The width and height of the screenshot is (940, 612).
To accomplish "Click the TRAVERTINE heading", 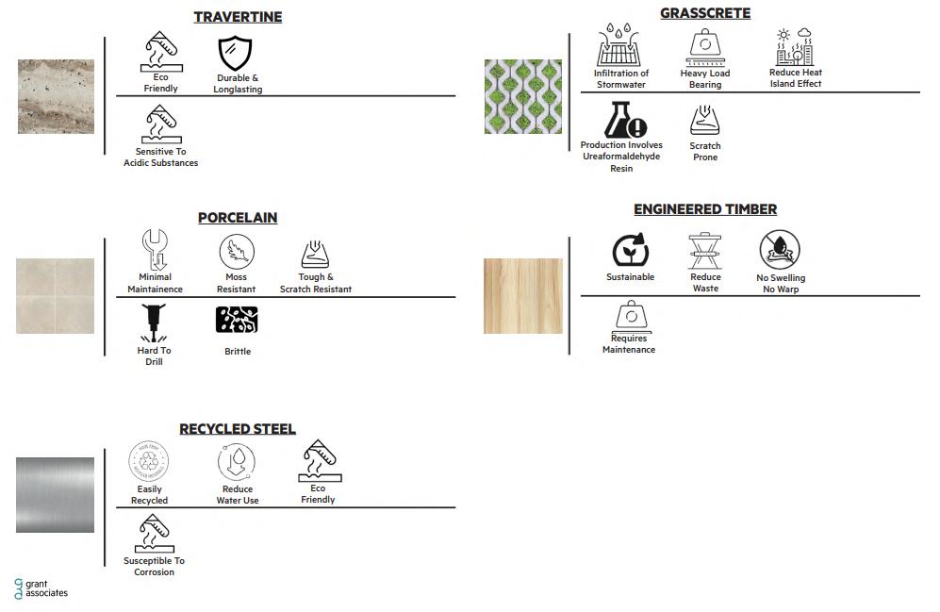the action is pos(238,17).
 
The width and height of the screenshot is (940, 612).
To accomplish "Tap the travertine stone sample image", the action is pos(56,96).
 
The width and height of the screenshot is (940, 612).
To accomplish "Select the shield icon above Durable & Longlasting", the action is pos(236,54).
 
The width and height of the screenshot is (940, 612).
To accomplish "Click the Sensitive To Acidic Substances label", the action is pos(160,157).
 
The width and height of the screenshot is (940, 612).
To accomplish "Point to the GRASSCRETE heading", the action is pos(705,13).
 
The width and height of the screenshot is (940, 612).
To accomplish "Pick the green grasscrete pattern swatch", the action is pos(522,96).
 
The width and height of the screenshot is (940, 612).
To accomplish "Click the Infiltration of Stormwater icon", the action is pos(620,46).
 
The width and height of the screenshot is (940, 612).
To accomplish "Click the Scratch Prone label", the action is pos(705,152).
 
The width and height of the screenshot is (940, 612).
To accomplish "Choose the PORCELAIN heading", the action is pos(238,218).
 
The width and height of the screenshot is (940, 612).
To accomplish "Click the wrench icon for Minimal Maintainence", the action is pos(155,250).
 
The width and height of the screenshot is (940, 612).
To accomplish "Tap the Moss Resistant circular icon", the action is pos(237,252).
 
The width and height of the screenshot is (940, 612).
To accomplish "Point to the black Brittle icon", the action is pos(237,321).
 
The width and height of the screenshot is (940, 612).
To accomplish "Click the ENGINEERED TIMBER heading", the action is pos(705,209).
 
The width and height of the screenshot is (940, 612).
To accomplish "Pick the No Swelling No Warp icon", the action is pos(780,251).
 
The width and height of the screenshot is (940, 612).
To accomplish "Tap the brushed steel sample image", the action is pos(55,495).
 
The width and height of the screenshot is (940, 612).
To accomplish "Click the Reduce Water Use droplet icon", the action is pos(237,463).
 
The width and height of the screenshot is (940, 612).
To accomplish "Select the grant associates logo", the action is pos(41,588).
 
